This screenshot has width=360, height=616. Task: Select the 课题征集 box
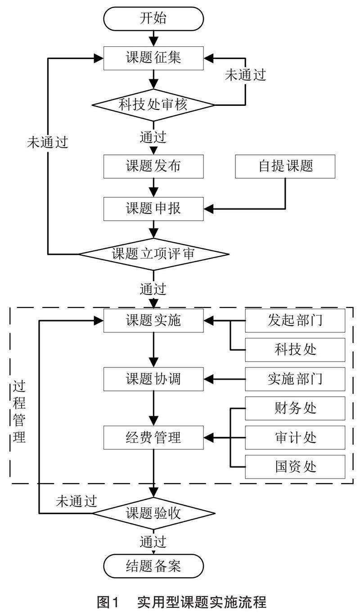click(x=153, y=58)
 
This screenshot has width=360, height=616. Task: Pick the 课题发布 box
click(x=153, y=166)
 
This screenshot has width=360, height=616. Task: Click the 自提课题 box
click(x=285, y=166)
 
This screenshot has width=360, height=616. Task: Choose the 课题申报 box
click(x=153, y=208)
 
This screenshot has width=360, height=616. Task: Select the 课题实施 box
click(x=153, y=321)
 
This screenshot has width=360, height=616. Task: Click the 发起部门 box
click(x=295, y=321)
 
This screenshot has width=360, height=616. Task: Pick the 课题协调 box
click(x=153, y=379)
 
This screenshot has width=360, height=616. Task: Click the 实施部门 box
click(x=295, y=379)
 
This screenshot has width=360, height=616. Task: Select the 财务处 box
click(x=295, y=408)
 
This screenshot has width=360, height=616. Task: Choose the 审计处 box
click(x=295, y=437)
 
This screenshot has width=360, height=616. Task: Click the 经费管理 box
click(x=153, y=437)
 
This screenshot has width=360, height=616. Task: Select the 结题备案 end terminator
click(x=153, y=566)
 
